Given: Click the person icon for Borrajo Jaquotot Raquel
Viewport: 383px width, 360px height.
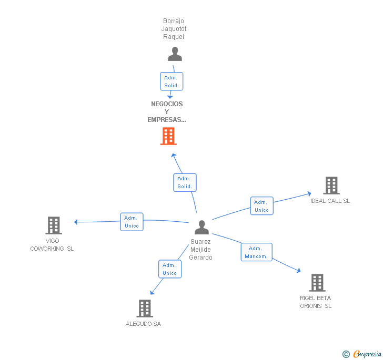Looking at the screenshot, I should pyautogui.click(x=175, y=54).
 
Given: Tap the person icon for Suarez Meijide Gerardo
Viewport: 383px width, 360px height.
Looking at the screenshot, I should pyautogui.click(x=201, y=228).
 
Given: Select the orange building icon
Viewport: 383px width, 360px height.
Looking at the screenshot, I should pyautogui.click(x=168, y=136).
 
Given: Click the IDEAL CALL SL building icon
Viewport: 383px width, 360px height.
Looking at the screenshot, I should pyautogui.click(x=331, y=186).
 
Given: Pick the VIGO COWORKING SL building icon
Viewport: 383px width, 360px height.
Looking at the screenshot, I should pyautogui.click(x=53, y=225).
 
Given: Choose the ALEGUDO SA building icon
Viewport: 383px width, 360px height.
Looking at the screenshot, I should pyautogui.click(x=145, y=308).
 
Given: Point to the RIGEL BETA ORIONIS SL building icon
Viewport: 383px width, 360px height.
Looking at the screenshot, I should pyautogui.click(x=317, y=283).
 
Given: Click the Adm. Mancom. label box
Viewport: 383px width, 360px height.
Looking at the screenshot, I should pyautogui.click(x=256, y=252).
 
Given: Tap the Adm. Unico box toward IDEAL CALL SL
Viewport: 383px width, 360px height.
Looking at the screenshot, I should pyautogui.click(x=261, y=205).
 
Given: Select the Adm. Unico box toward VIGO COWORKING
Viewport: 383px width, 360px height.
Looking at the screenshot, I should pyautogui.click(x=132, y=222).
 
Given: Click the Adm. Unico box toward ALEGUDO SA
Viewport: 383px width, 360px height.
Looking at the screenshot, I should pyautogui.click(x=169, y=269).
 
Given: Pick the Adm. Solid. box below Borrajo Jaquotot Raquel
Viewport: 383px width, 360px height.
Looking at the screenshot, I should pyautogui.click(x=172, y=81).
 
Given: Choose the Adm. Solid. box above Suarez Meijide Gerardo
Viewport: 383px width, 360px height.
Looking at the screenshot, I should pyautogui.click(x=184, y=182).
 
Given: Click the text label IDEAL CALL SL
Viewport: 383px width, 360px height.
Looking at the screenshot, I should pyautogui.click(x=330, y=201).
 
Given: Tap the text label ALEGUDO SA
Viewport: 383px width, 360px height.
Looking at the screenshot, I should pyautogui.click(x=143, y=324).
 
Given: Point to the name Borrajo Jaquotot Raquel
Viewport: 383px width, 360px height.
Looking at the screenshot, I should pyautogui.click(x=174, y=29).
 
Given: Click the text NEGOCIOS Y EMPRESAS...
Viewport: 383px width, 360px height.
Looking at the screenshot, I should pyautogui.click(x=167, y=111).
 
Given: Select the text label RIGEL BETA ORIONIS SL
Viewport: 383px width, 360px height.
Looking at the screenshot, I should pyautogui.click(x=316, y=302).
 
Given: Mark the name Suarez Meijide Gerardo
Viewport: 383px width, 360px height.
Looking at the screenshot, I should pyautogui.click(x=201, y=250).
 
